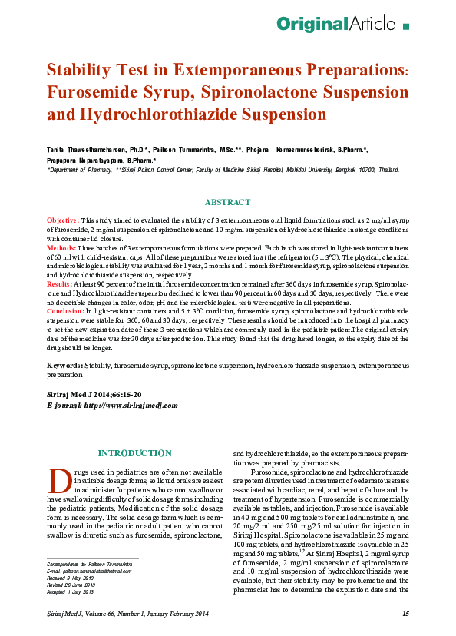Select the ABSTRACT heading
coord(227,202)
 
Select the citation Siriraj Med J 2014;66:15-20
coord(94,393)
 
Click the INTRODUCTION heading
coord(134,453)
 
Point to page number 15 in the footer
coord(405,613)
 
